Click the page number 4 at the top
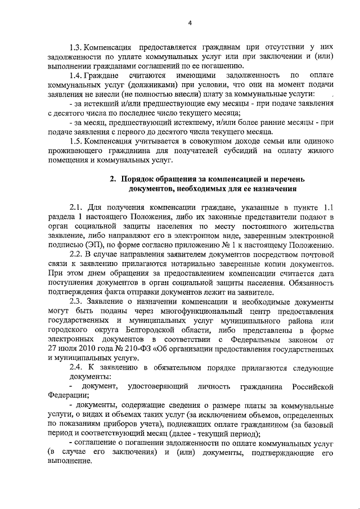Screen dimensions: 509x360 click(190, 22)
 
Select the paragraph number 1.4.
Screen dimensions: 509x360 click(76, 75)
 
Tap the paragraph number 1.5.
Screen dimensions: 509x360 click(76, 139)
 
